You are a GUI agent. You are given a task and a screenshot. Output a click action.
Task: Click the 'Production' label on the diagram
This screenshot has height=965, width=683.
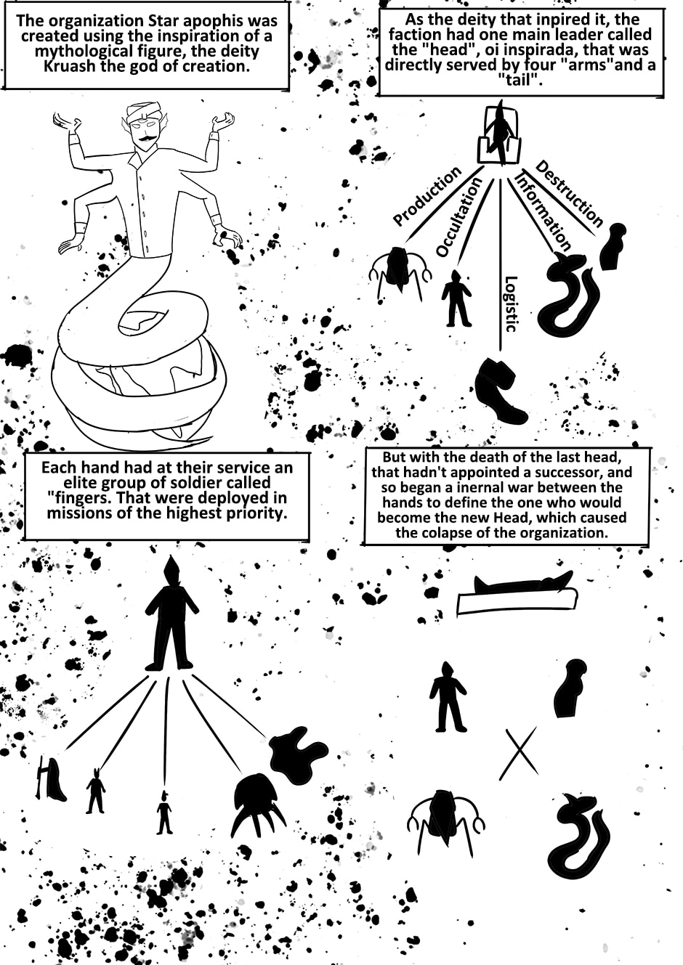point(427,196)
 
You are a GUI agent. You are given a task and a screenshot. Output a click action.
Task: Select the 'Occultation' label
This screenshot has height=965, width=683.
point(458,217)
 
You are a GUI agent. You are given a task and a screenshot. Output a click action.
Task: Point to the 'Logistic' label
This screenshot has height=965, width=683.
point(511,304)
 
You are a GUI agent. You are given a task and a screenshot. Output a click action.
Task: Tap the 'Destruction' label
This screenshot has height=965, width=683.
point(569,193)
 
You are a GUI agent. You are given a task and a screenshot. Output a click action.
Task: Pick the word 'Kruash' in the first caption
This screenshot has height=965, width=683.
point(67,68)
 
